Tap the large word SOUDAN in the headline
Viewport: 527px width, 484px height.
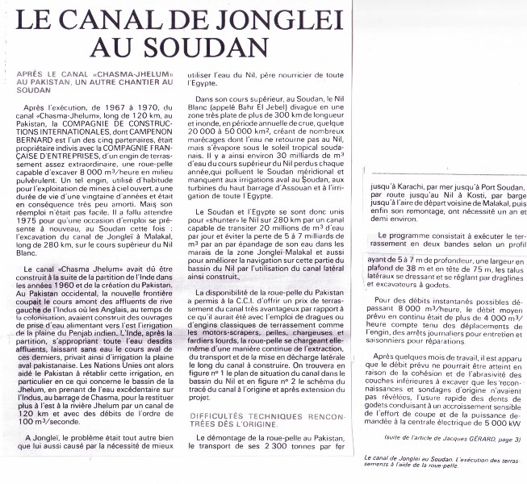click(x=208, y=48)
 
